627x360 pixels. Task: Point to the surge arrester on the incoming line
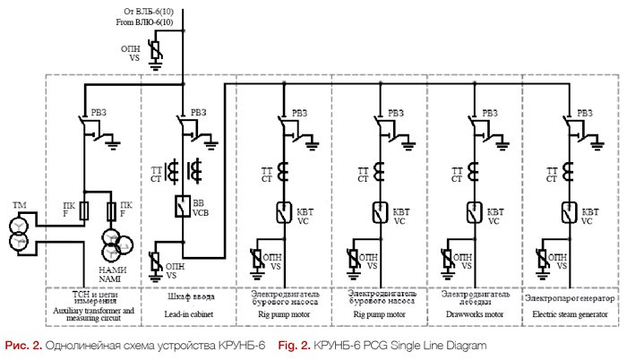[154, 54]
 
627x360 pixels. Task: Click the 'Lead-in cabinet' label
[188, 312]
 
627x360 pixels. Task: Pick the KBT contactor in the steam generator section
[568, 213]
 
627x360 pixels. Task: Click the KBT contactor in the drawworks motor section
[471, 213]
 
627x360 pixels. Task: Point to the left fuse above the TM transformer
[84, 211]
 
